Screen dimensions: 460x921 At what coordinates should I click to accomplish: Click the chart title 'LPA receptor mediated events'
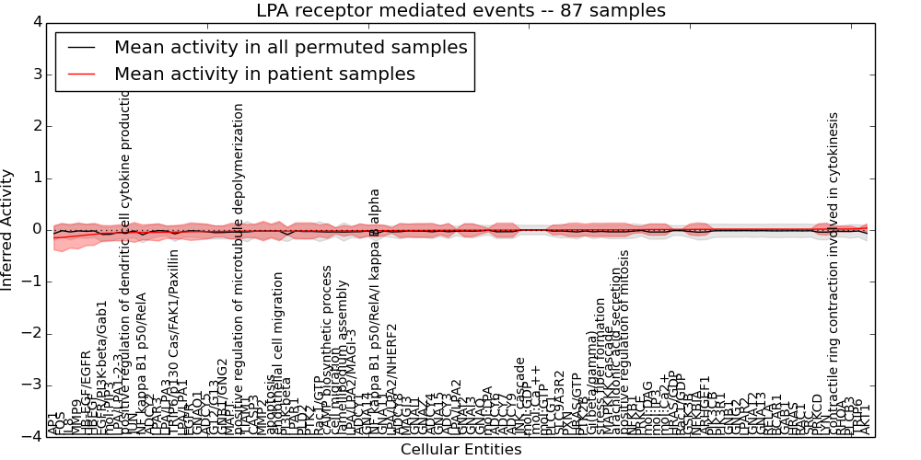pos(460,11)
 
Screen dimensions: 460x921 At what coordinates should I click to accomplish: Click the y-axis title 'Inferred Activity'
pos(8,229)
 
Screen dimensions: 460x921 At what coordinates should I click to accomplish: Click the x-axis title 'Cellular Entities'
pos(460,449)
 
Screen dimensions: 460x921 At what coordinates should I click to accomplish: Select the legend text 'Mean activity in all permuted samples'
pos(290,47)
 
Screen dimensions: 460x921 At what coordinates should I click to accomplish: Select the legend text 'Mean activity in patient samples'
pos(264,74)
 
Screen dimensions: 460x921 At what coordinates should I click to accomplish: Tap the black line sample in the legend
pos(82,47)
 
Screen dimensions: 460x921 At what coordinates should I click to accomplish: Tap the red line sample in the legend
pos(82,74)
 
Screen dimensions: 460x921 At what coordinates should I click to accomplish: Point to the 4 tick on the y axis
pos(36,22)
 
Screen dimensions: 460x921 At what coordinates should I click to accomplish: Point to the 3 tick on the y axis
pos(36,74)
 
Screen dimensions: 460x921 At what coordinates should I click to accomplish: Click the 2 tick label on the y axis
pos(36,126)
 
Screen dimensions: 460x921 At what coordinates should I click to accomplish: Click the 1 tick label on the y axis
pos(36,178)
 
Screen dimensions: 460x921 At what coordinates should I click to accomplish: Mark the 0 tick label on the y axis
pos(36,229)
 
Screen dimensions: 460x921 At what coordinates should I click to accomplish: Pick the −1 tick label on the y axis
pos(32,282)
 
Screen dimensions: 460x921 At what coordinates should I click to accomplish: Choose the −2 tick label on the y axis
pos(32,333)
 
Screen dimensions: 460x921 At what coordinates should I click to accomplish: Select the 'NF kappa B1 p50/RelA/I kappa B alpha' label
pos(375,312)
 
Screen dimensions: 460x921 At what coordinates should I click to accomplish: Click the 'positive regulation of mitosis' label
pos(624,341)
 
